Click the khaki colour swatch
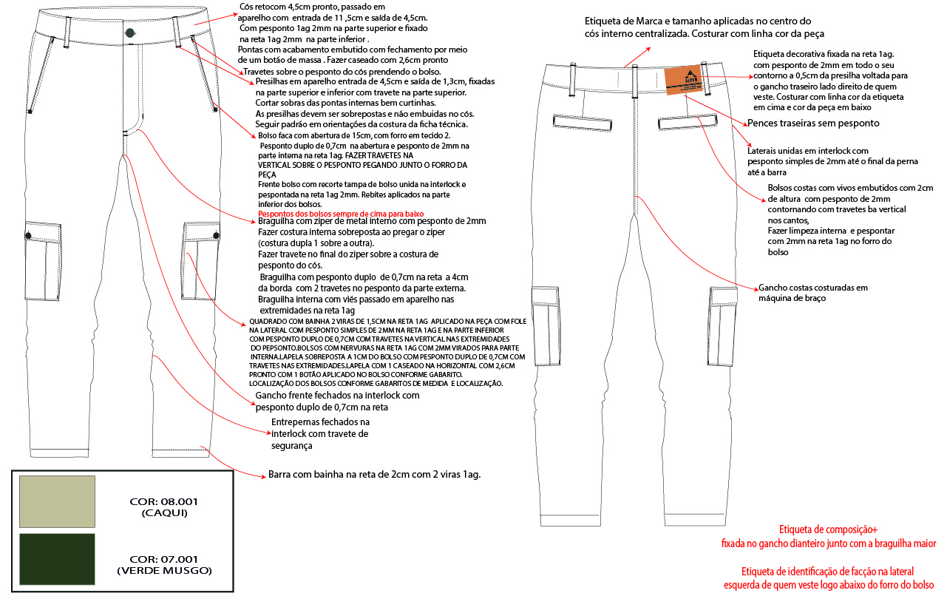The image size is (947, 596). coord(58,501)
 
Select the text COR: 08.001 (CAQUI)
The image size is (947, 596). coord(164,507)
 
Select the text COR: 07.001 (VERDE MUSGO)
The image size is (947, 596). coord(164,565)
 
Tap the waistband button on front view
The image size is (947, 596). coord(130,32)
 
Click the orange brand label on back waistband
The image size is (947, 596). coord(682,81)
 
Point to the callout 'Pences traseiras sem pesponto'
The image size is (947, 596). coord(813,123)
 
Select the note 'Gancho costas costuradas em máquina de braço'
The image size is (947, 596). coord(813,293)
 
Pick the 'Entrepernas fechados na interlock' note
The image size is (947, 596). coord(320,433)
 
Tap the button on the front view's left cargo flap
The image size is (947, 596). coord(29,234)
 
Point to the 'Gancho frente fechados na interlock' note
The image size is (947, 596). coord(337,401)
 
